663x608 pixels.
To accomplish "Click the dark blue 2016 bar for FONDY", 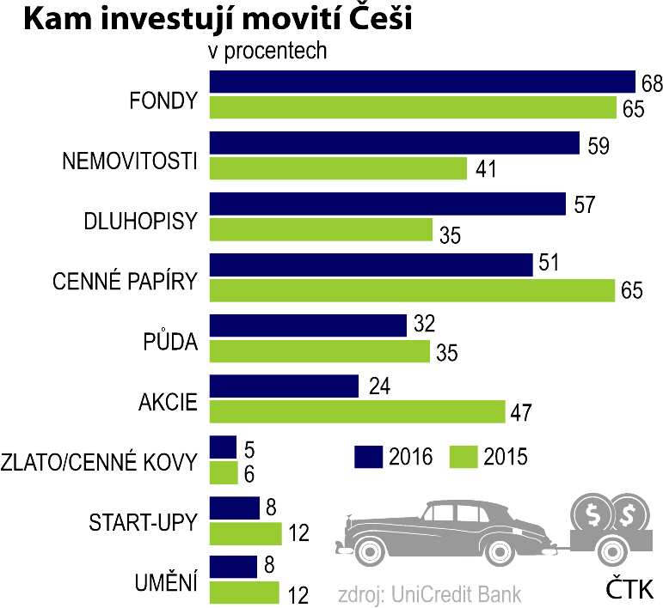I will point(421,82).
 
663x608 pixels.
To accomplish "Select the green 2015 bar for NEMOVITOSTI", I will point(338,168).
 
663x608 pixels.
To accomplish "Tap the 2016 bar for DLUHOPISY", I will point(387,204).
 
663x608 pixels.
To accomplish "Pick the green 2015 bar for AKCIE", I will point(357,412).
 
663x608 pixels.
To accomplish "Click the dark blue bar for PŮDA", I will point(308,325).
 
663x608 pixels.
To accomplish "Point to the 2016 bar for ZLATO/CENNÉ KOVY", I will point(223,447).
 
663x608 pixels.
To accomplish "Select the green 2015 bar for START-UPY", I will point(246,533).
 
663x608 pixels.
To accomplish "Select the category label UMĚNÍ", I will point(167,584).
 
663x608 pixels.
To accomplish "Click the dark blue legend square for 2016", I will point(368,456).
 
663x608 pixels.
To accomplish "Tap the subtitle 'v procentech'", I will point(268,51).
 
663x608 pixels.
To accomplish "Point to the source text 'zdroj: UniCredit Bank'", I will point(429,593).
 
